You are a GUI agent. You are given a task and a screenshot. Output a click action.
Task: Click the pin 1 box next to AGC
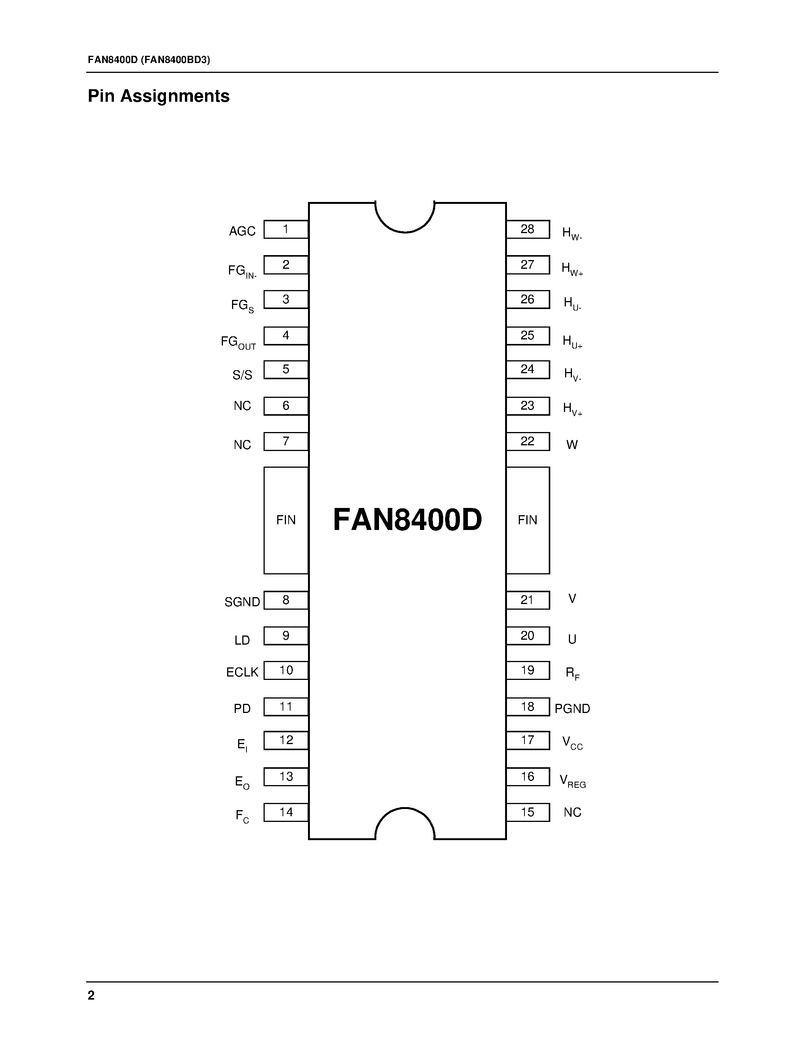point(286,229)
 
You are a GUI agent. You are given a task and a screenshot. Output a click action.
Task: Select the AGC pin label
point(242,231)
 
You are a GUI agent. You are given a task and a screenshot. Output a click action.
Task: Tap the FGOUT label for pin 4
point(238,342)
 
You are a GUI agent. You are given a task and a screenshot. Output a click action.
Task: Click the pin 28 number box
point(528,229)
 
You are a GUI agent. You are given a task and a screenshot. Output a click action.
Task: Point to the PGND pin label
point(572,708)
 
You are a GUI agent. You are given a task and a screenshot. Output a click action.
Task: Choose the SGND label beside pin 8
point(242,602)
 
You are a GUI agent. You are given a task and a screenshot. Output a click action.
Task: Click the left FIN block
point(286,520)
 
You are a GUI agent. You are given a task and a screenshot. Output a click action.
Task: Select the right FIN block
point(528,520)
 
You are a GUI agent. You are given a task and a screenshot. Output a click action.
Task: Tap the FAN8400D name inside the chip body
point(407,520)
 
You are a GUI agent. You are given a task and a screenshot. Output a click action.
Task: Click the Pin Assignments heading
point(159,96)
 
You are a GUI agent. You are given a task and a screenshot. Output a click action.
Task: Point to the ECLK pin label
point(242,672)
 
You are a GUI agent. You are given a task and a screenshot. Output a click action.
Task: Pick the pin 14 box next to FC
point(286,812)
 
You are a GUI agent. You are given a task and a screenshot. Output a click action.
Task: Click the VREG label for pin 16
point(572,781)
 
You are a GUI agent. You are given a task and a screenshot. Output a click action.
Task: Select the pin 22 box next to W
point(528,441)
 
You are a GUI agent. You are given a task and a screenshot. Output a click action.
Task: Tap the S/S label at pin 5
point(242,375)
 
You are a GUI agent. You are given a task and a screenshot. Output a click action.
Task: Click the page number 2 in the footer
point(91,995)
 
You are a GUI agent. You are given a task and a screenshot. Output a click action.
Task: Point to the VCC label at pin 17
point(572,743)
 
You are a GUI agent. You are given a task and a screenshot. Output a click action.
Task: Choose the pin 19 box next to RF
point(528,670)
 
